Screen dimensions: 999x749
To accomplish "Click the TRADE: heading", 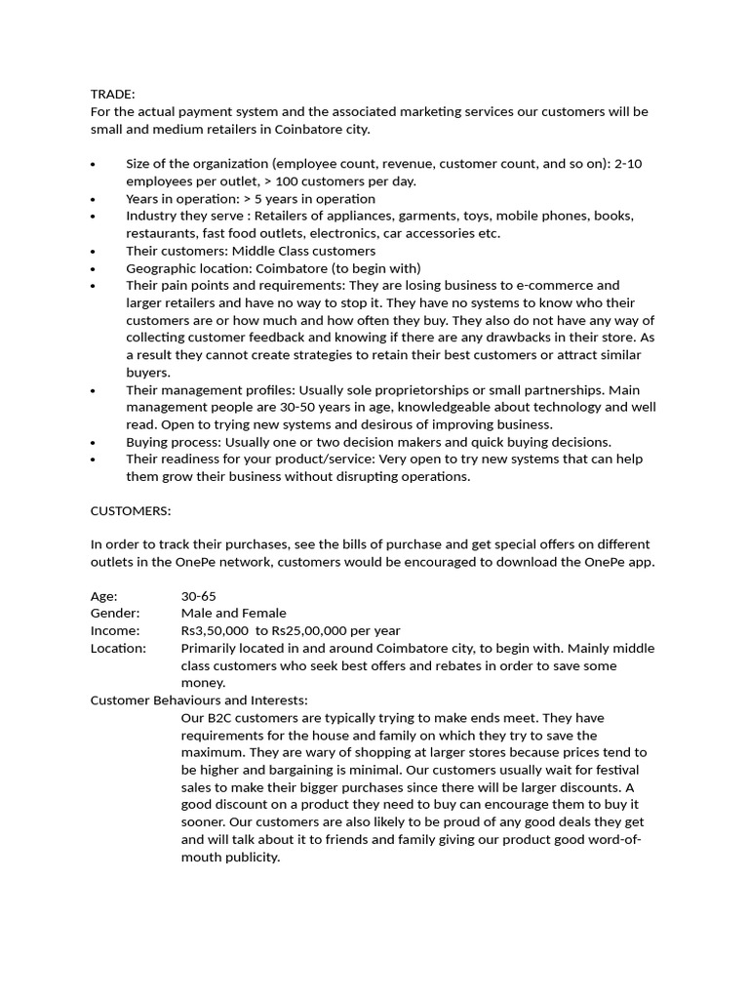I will [x=113, y=94].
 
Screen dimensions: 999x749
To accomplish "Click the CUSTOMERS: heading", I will [x=131, y=510].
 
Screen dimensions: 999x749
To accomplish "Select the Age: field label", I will [x=104, y=596].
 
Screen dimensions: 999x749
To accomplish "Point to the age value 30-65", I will [x=199, y=596].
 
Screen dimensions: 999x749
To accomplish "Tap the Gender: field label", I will [x=115, y=614].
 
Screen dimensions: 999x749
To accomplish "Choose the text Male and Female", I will [x=234, y=614].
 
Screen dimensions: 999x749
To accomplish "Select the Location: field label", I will [x=118, y=649].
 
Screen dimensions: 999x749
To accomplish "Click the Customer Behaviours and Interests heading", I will [x=199, y=700].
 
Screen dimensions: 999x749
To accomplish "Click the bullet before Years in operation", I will [x=93, y=199].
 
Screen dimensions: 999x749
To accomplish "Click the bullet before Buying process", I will [x=93, y=442].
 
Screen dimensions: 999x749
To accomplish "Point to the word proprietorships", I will [x=419, y=390].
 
